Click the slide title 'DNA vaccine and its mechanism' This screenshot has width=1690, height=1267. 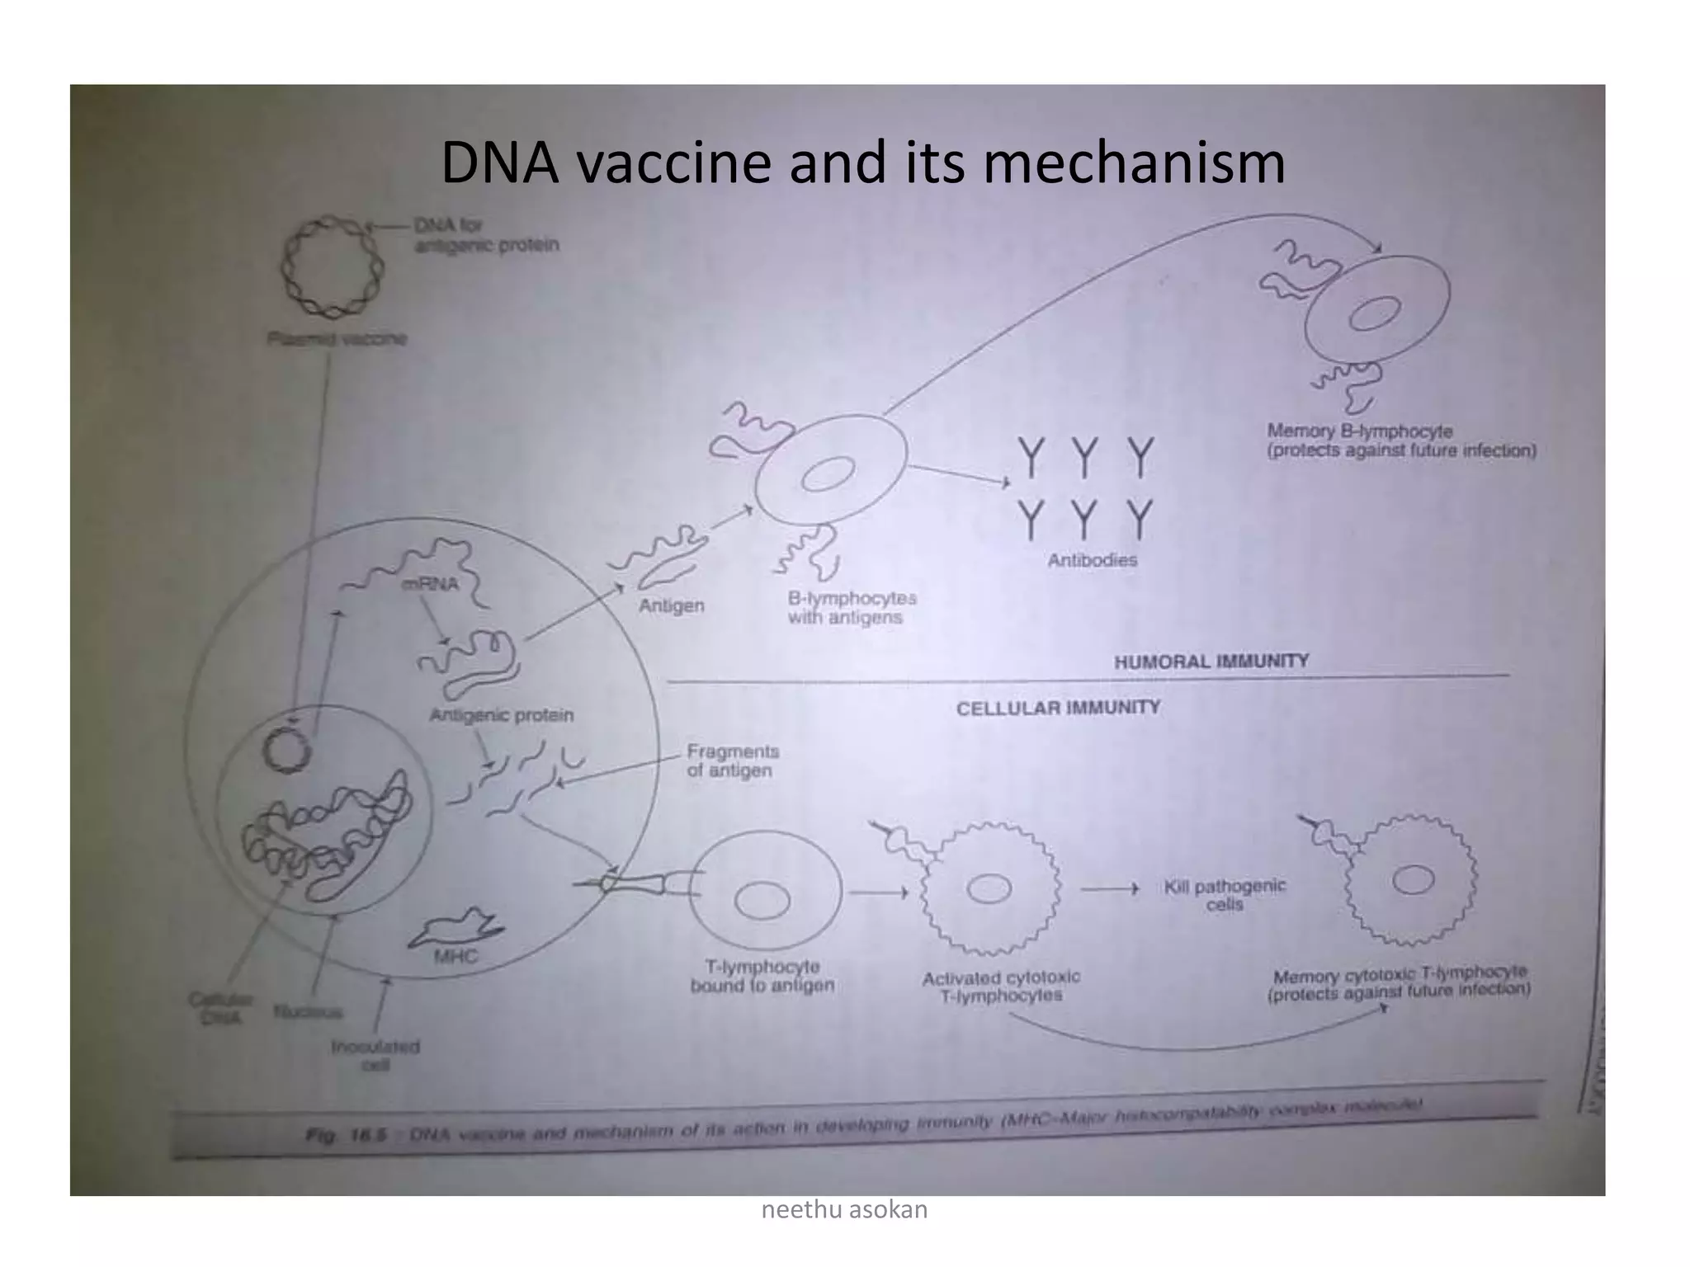(x=862, y=162)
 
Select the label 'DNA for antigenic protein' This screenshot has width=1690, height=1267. (x=486, y=235)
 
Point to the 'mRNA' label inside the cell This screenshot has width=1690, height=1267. (x=429, y=584)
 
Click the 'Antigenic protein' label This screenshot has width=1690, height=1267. (x=501, y=715)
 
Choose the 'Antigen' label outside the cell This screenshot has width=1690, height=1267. (x=671, y=606)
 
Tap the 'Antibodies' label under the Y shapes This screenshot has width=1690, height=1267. (x=1092, y=560)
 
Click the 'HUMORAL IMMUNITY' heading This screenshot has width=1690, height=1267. (x=1211, y=662)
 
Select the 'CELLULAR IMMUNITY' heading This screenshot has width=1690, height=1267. (x=1058, y=708)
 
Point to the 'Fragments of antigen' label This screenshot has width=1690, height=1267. (x=732, y=761)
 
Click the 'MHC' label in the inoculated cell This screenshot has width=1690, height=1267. (x=456, y=957)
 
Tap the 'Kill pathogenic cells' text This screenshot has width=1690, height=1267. (x=1225, y=894)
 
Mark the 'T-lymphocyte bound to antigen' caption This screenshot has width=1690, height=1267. (x=762, y=976)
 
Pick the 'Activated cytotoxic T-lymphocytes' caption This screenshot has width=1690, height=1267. (x=1000, y=987)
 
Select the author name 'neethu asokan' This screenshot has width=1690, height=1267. (x=844, y=1210)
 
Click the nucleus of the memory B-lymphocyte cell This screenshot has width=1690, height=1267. (x=1375, y=313)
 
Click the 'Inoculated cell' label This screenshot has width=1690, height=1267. (x=375, y=1055)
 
